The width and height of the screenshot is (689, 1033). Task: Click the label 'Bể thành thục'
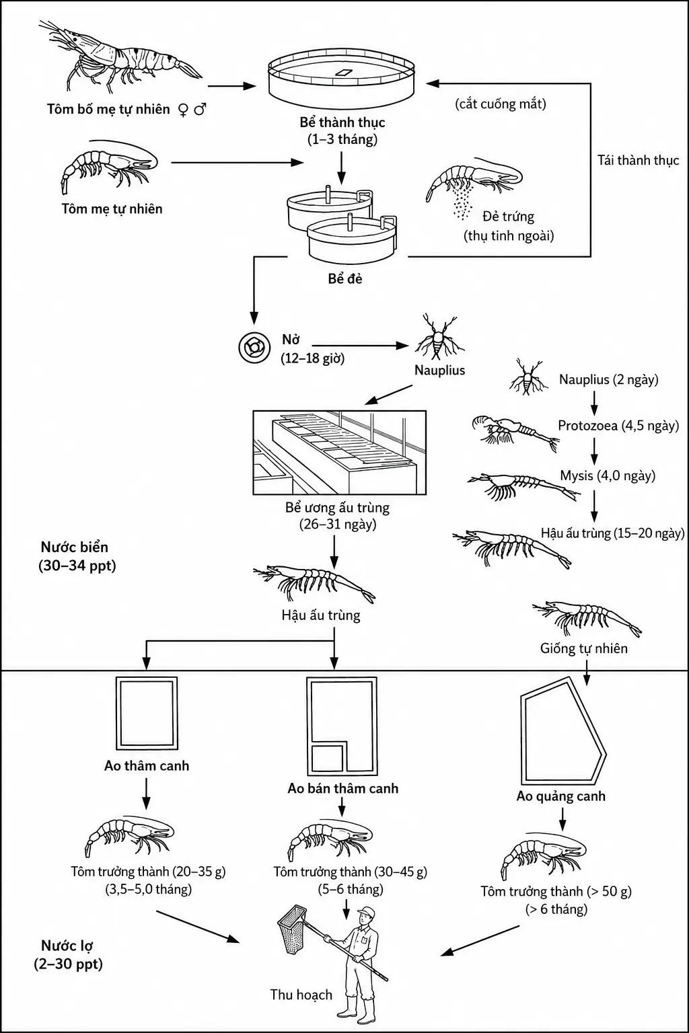(x=342, y=122)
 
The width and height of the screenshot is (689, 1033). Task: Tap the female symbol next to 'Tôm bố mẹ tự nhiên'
(x=183, y=110)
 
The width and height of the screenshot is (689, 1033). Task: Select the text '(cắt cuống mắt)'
(x=501, y=104)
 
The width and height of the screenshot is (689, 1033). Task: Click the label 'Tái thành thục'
(x=639, y=160)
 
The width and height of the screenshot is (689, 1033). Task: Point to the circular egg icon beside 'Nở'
(x=254, y=347)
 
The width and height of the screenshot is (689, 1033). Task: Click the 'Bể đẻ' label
(x=345, y=278)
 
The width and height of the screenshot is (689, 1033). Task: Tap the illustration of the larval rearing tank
(x=340, y=453)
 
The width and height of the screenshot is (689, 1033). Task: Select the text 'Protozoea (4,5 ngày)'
(x=618, y=425)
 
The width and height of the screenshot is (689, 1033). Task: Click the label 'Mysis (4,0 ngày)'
(x=608, y=475)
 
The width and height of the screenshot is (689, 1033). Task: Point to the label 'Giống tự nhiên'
(x=584, y=648)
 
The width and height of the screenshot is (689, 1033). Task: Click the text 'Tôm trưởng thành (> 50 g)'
(x=556, y=891)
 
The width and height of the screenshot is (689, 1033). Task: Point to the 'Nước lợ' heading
(x=67, y=946)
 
